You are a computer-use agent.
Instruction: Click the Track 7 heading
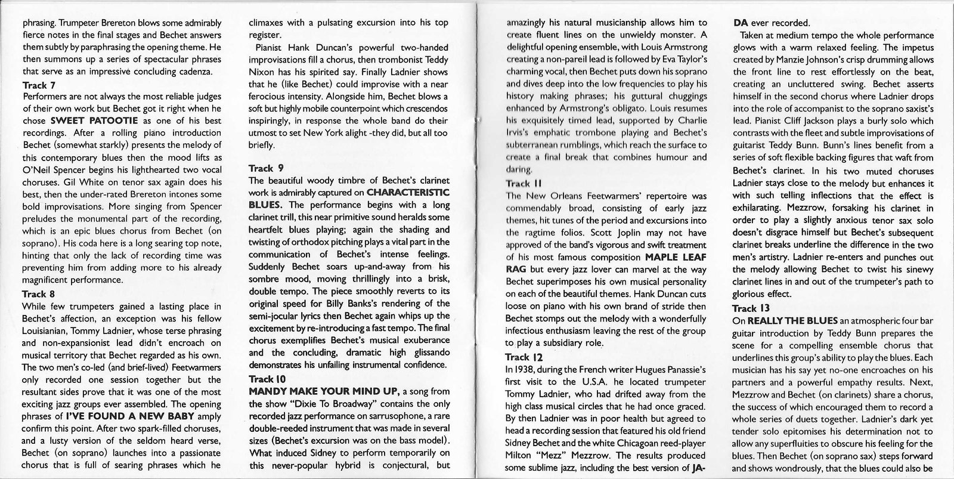click(39, 85)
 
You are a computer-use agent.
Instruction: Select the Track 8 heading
click(39, 294)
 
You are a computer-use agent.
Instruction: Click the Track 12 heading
click(524, 357)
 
